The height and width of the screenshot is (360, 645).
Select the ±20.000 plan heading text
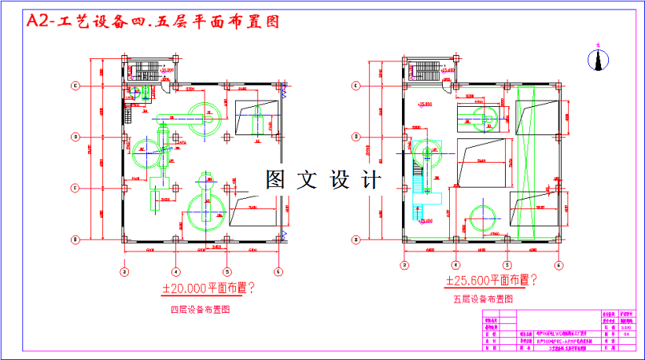click(208, 288)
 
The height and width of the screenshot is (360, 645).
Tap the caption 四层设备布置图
click(201, 310)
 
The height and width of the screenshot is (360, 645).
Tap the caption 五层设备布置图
click(483, 299)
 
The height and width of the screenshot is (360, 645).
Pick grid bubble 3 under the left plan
click(123, 272)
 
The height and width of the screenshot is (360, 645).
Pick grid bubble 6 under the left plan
click(278, 272)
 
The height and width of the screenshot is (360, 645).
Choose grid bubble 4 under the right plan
click(455, 265)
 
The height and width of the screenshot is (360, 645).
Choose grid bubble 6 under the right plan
click(558, 265)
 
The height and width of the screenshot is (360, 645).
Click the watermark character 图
click(275, 180)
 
